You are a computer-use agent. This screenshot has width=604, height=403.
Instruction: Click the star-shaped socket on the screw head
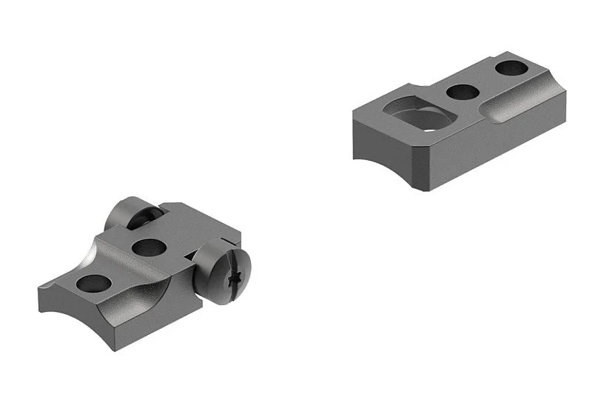pyautogui.click(x=237, y=279)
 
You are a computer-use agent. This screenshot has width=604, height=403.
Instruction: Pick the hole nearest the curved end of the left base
pyautogui.click(x=93, y=283)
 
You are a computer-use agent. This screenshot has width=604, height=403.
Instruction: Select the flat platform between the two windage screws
pyautogui.click(x=181, y=226)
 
